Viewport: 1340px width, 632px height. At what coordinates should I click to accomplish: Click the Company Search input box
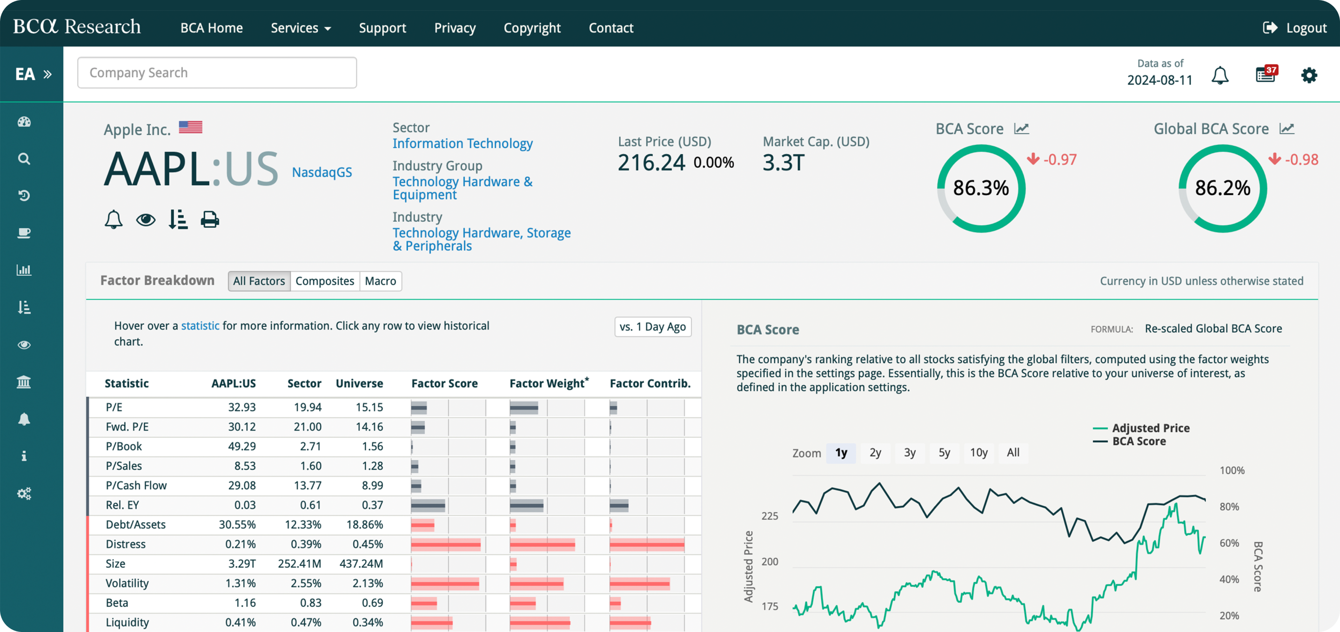click(x=216, y=73)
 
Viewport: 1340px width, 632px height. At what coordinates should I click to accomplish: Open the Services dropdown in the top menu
click(x=301, y=28)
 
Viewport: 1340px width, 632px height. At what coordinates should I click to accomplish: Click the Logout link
click(x=1295, y=28)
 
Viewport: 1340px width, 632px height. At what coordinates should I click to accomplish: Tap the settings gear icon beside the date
click(x=1309, y=75)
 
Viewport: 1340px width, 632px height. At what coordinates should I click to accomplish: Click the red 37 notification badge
click(x=1271, y=70)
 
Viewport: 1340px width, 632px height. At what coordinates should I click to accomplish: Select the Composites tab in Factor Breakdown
click(x=325, y=281)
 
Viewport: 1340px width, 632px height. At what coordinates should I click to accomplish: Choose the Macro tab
click(x=380, y=281)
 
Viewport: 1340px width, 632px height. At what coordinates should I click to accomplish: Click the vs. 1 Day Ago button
click(x=652, y=327)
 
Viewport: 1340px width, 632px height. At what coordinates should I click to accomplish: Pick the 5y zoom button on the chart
click(x=944, y=453)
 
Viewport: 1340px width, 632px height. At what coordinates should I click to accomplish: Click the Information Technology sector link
click(x=462, y=144)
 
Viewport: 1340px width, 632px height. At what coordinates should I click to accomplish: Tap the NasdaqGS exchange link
click(x=322, y=172)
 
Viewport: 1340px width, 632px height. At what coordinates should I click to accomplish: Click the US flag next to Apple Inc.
click(x=190, y=127)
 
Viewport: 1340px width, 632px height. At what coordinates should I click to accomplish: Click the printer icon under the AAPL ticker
click(x=210, y=220)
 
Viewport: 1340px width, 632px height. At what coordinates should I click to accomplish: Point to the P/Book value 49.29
click(x=242, y=447)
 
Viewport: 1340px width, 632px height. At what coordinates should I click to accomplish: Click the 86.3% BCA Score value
click(x=980, y=188)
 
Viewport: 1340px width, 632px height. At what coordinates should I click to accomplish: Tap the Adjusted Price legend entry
click(x=1150, y=428)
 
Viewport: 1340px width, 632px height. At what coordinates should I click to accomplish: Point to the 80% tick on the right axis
click(x=1229, y=507)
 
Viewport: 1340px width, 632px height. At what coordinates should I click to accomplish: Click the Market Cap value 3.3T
click(x=784, y=163)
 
